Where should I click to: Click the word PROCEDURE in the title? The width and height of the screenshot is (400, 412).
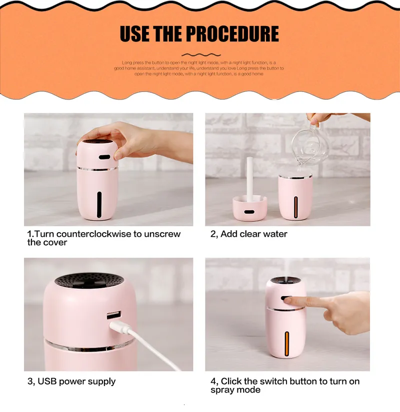(x=232, y=33)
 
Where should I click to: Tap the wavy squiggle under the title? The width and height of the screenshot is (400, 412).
(x=201, y=55)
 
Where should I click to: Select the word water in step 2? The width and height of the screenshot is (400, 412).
(x=275, y=234)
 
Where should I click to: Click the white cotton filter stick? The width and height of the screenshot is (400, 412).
(x=249, y=179)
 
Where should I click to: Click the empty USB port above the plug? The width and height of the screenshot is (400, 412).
(x=114, y=315)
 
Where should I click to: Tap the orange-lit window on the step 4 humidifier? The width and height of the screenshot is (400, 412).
(x=287, y=344)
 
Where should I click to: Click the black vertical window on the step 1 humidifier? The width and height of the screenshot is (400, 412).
(x=99, y=204)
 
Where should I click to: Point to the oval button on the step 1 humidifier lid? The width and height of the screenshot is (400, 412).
(x=104, y=157)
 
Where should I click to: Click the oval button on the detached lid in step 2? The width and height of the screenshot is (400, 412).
(x=249, y=212)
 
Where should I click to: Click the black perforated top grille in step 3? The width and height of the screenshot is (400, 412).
(x=89, y=281)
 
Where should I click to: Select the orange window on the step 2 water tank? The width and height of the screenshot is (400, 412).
(x=296, y=207)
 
